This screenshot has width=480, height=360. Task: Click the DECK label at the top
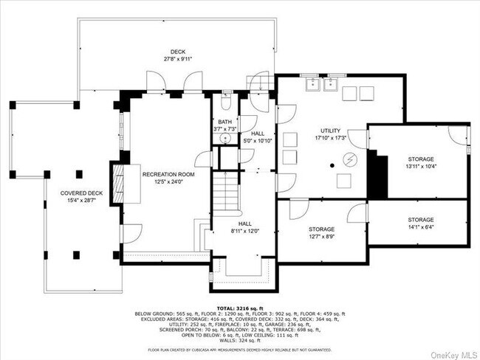(177, 52)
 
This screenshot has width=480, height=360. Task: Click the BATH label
(224, 122)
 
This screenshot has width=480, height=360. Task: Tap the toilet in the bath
(227, 98)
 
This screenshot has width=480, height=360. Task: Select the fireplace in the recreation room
(117, 179)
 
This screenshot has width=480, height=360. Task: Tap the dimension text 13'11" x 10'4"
(421, 167)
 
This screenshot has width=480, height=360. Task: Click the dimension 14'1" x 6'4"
(421, 227)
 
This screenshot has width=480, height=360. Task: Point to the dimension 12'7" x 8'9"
(322, 237)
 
